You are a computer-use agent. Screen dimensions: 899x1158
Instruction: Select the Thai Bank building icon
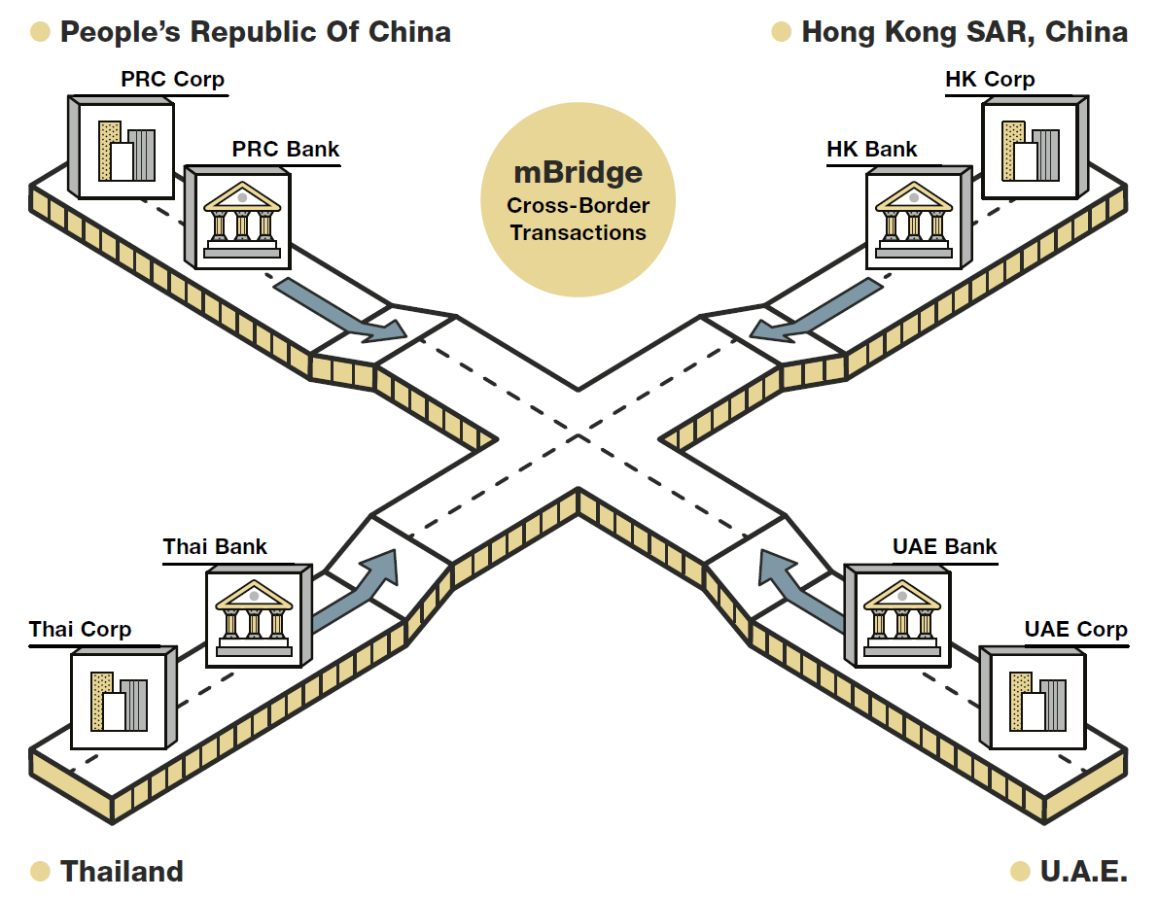tap(254, 617)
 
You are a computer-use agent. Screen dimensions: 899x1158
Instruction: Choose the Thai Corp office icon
tap(119, 701)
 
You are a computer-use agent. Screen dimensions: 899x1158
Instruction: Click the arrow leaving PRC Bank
tap(340, 311)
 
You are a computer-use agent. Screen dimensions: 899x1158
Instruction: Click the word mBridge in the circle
tap(578, 173)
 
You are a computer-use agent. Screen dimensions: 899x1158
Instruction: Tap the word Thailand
tap(122, 871)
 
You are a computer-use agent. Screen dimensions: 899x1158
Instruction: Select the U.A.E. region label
tap(1083, 871)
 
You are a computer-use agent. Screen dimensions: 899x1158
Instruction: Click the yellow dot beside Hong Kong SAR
tap(781, 32)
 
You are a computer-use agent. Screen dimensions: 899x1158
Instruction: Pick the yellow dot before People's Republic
tap(40, 32)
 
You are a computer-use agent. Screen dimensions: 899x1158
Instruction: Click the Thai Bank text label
tap(215, 546)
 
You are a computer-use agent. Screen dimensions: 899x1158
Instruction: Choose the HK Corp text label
tap(990, 79)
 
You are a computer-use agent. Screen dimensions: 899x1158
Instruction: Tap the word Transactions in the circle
tap(578, 233)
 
